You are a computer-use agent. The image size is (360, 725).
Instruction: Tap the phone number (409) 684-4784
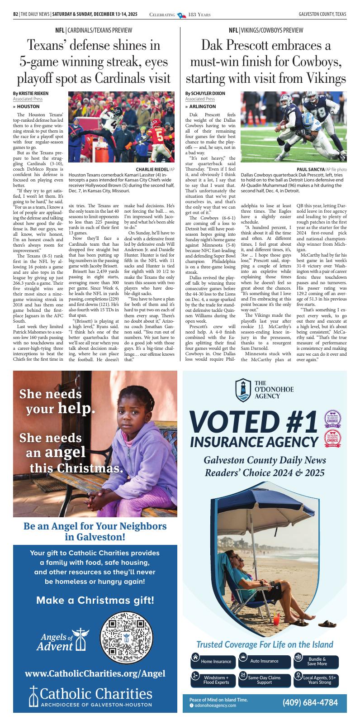(x=310, y=702)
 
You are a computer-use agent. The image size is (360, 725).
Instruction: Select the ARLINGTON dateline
(x=202, y=106)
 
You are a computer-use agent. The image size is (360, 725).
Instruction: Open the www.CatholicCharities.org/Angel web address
(x=95, y=673)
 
